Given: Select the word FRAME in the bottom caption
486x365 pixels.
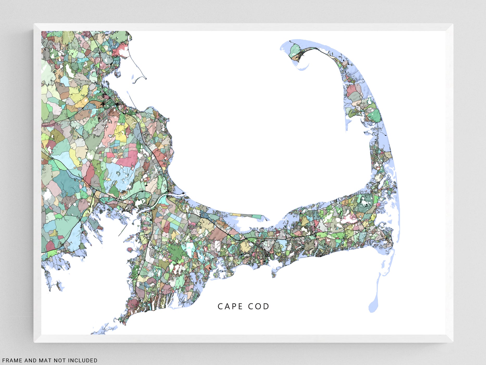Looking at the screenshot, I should (12, 360).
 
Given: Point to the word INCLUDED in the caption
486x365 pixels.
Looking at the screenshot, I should (83, 360).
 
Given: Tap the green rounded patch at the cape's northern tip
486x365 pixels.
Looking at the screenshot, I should (295, 49).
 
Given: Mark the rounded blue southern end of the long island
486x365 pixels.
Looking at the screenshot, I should (373, 308).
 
